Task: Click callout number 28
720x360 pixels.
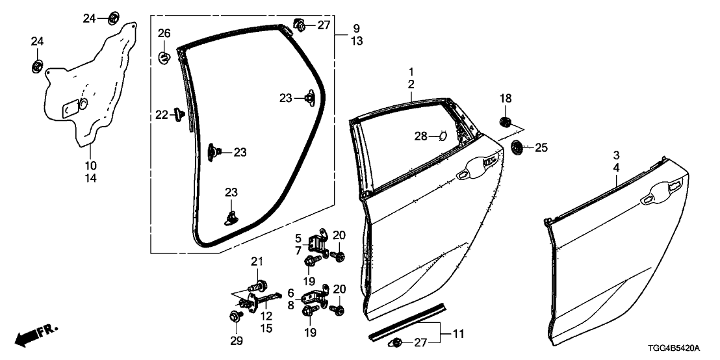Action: coord(421,136)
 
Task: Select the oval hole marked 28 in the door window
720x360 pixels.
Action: coord(441,136)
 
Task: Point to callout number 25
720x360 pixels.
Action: coord(541,148)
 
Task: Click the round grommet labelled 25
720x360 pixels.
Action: coord(517,148)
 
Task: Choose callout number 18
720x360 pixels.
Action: coord(506,98)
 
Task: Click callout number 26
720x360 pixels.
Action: coord(164,34)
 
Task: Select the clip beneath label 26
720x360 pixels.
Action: coord(164,58)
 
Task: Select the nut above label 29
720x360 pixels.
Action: coord(233,316)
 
